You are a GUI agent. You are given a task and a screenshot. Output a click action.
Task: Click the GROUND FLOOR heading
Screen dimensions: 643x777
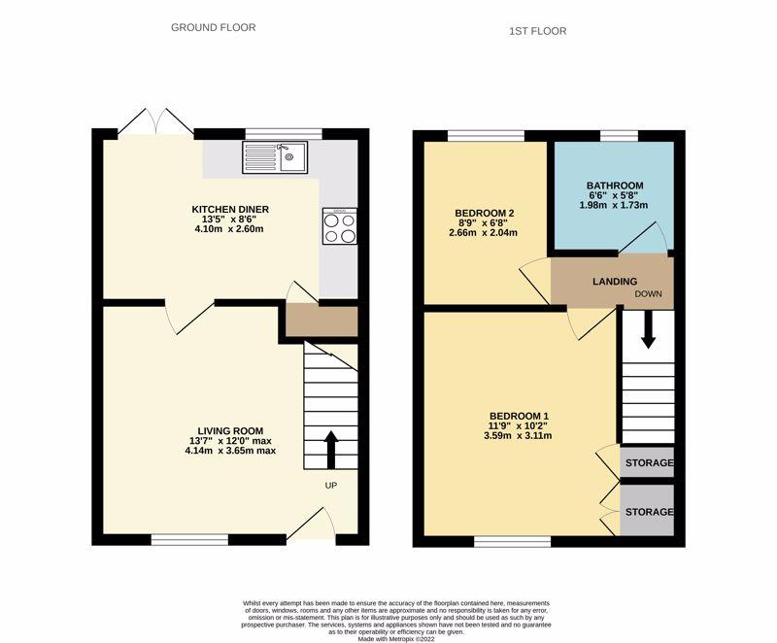pos(214,27)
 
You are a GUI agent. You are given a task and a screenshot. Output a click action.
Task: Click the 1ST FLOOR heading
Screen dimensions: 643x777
pos(537,31)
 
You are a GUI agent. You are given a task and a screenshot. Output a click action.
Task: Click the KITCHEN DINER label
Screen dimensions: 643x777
pos(230,209)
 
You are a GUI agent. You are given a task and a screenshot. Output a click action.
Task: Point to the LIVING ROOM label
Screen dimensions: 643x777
pos(230,430)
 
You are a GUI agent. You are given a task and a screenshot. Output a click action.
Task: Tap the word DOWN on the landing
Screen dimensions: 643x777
pos(650,293)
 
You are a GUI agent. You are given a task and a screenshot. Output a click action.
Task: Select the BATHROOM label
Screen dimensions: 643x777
pos(614,185)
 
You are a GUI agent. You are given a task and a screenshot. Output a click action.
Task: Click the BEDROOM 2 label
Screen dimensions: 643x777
pos(485,213)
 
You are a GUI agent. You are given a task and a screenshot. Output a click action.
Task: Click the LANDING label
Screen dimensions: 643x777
pos(615,282)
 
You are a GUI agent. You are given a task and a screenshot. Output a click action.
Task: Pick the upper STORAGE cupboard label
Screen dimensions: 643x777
pos(648,463)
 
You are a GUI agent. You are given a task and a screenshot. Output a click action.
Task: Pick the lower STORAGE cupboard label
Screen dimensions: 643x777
pos(648,510)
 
